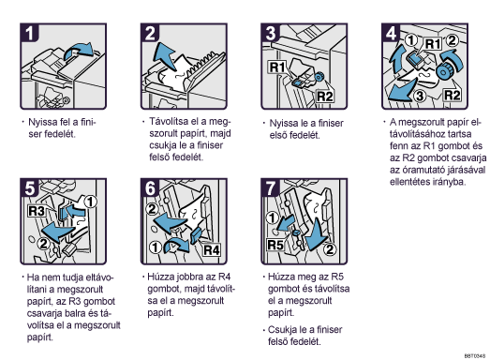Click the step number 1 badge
[29, 33]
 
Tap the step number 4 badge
[391, 33]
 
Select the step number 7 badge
[271, 187]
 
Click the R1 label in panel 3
[277, 67]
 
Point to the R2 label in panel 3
[324, 97]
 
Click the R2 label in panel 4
[452, 95]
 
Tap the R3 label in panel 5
[37, 211]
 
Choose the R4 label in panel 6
[211, 250]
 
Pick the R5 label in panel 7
[275, 245]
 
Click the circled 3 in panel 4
[420, 96]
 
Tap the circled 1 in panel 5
[90, 202]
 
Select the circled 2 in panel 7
[330, 249]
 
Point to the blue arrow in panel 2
[166, 57]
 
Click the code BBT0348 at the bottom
[475, 356]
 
